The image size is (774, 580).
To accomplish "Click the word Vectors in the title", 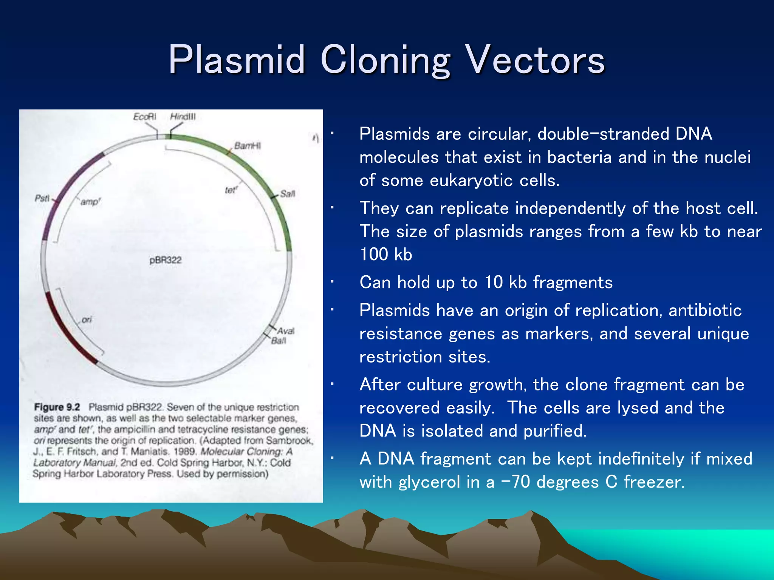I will (536, 60).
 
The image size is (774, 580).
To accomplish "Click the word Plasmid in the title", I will (237, 60).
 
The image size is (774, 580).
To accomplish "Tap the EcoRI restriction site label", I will (144, 117).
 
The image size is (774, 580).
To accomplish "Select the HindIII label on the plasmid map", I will (183, 117).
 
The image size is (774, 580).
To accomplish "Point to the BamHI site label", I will (247, 146).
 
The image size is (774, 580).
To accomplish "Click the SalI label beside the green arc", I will (287, 194).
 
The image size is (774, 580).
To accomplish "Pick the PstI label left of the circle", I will (42, 198).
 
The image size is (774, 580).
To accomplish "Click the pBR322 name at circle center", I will (166, 260).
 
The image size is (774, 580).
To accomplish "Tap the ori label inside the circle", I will (87, 320).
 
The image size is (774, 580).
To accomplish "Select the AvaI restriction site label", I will (286, 331).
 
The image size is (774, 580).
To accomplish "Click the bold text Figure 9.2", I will (57, 407).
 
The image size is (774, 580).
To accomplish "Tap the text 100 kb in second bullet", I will (385, 254).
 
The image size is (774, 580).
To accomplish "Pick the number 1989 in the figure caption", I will (184, 452).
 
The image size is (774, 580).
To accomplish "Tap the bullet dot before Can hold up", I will (331, 282).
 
